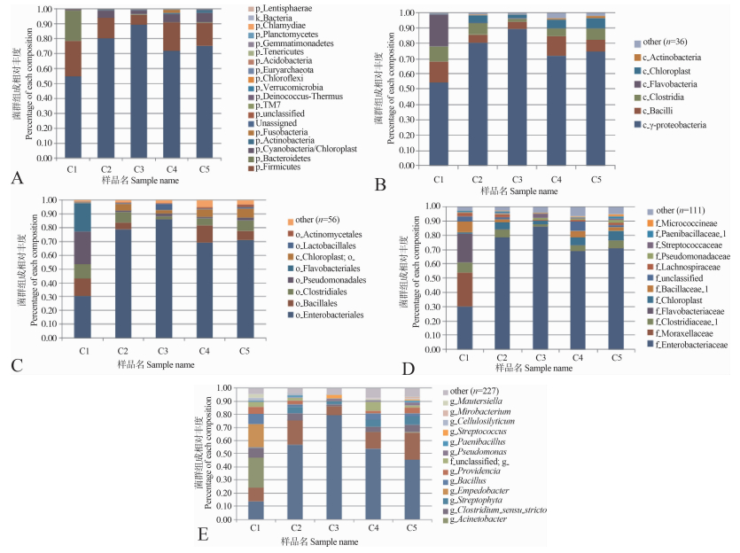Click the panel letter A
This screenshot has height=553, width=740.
pos(16,177)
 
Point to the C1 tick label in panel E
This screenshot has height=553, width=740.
pos(255,528)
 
